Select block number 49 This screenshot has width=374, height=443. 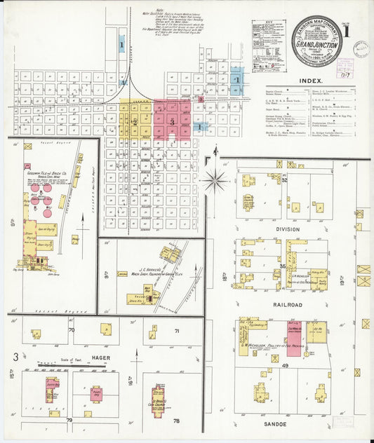tap(286, 365)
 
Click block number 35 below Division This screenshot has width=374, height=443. tap(283, 266)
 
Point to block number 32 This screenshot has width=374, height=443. tap(286, 180)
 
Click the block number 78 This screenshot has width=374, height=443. tap(177, 421)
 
